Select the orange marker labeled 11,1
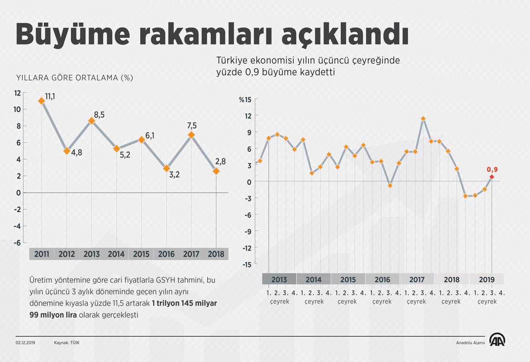click(x=42, y=100)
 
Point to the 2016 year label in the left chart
click(x=166, y=254)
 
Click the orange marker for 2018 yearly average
click(x=216, y=171)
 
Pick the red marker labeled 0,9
click(x=492, y=177)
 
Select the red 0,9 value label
click(x=492, y=169)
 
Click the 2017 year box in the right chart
click(x=417, y=279)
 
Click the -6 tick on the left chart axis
click(x=17, y=243)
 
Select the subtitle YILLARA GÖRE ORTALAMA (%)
click(x=74, y=78)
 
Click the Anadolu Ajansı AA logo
click(x=498, y=340)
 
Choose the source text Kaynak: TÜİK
click(x=67, y=342)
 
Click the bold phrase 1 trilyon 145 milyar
click(x=184, y=303)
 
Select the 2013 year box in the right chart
click(x=279, y=279)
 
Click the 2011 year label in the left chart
click(x=42, y=254)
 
